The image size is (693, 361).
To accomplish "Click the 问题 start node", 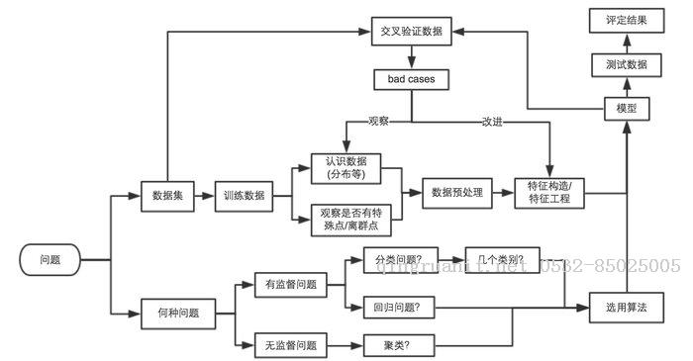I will click(x=49, y=260).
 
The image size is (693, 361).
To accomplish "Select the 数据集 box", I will click(x=166, y=195).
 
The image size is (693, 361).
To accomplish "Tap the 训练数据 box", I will click(x=244, y=195).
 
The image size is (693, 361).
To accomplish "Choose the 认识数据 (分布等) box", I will click(x=347, y=167).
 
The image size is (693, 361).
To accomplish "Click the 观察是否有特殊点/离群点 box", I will click(x=347, y=219).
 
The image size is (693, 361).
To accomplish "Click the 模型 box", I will click(x=626, y=108).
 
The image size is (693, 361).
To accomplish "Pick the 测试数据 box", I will click(x=626, y=64).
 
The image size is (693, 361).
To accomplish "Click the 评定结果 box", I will click(x=626, y=20).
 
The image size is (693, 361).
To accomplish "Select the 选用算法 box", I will click(x=626, y=308).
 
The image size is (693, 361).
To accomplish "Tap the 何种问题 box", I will click(x=178, y=313).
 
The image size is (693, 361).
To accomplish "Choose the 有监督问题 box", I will click(x=291, y=284).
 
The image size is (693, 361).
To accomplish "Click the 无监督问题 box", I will click(x=291, y=345).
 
